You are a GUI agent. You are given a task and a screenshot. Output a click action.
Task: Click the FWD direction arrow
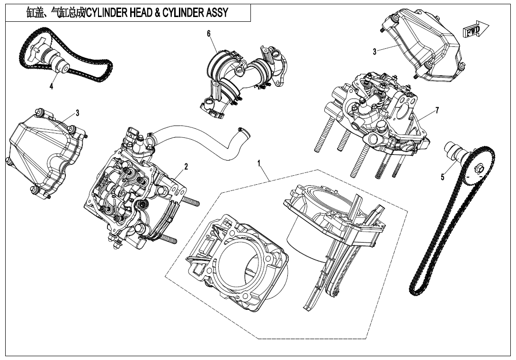(475, 31)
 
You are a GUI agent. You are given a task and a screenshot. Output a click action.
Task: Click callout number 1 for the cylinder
(259, 163)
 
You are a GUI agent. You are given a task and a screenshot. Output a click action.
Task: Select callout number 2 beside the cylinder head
(186, 166)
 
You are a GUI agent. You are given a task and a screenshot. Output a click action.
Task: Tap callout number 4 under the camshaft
(51, 86)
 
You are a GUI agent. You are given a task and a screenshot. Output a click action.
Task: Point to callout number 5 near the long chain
(443, 178)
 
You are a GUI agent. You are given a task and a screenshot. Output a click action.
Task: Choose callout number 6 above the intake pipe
(208, 33)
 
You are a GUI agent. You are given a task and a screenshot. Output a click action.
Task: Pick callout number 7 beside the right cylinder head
(437, 110)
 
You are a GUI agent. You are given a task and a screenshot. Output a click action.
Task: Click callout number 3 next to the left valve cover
(77, 113)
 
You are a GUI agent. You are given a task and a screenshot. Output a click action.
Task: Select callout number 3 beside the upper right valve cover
(374, 52)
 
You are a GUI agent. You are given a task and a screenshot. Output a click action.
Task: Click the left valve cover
(43, 152)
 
